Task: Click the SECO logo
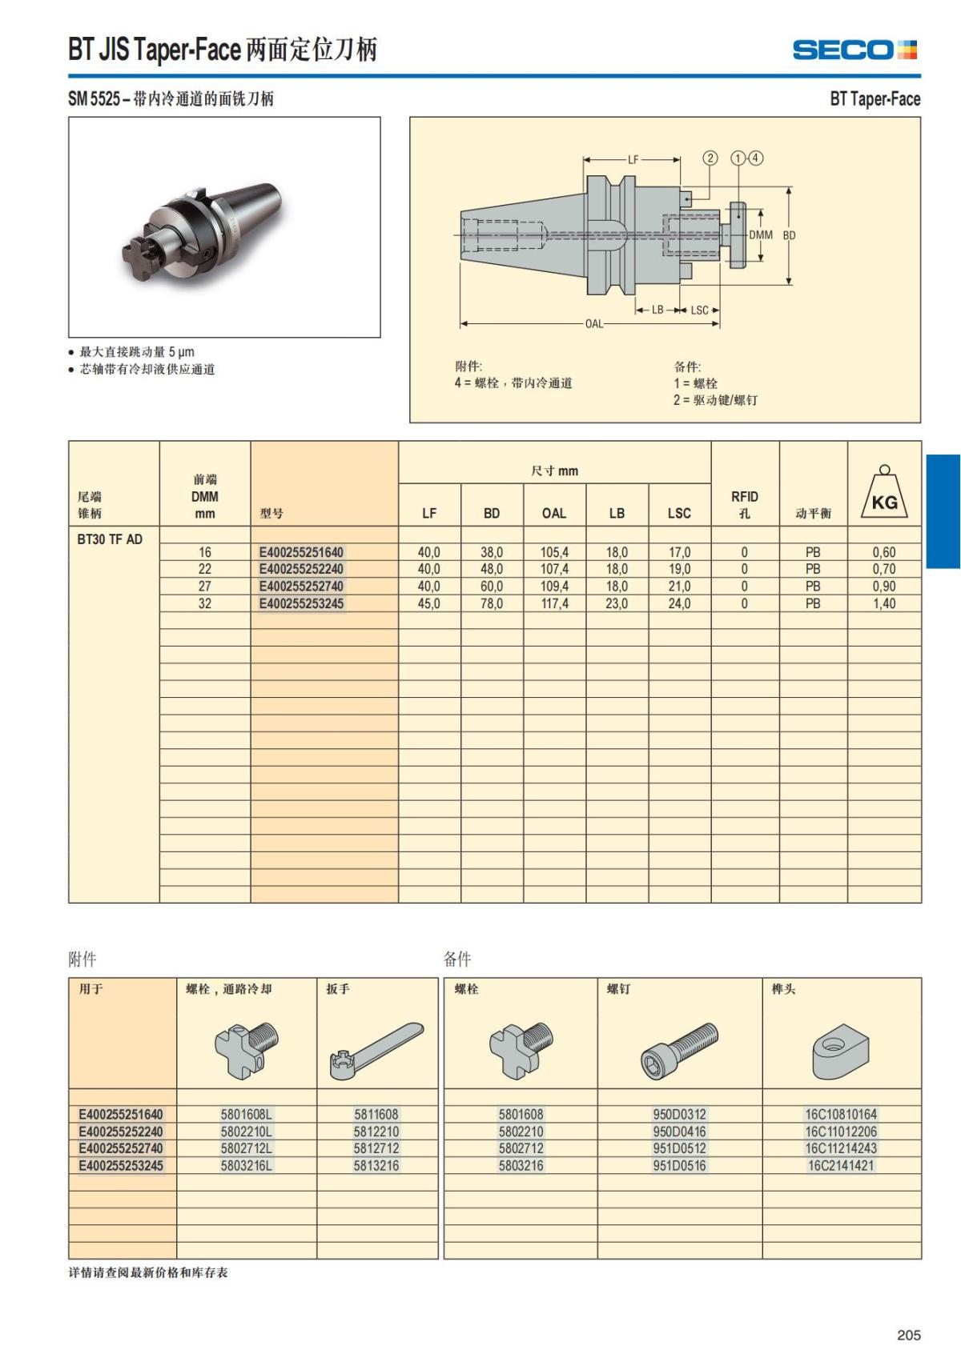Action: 854,50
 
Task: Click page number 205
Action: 908,1335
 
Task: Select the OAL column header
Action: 554,513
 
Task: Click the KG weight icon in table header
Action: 884,494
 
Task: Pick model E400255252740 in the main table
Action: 301,586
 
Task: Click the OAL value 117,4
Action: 554,603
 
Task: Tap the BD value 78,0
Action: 492,603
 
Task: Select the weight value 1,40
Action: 884,603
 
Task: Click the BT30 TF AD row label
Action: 110,539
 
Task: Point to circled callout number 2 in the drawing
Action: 710,158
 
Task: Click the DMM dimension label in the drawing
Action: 760,235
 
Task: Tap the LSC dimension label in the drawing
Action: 699,310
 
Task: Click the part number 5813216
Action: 376,1166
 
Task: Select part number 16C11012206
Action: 841,1132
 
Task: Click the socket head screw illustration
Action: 679,1049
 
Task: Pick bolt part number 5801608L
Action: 247,1114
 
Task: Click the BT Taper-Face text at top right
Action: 875,99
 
